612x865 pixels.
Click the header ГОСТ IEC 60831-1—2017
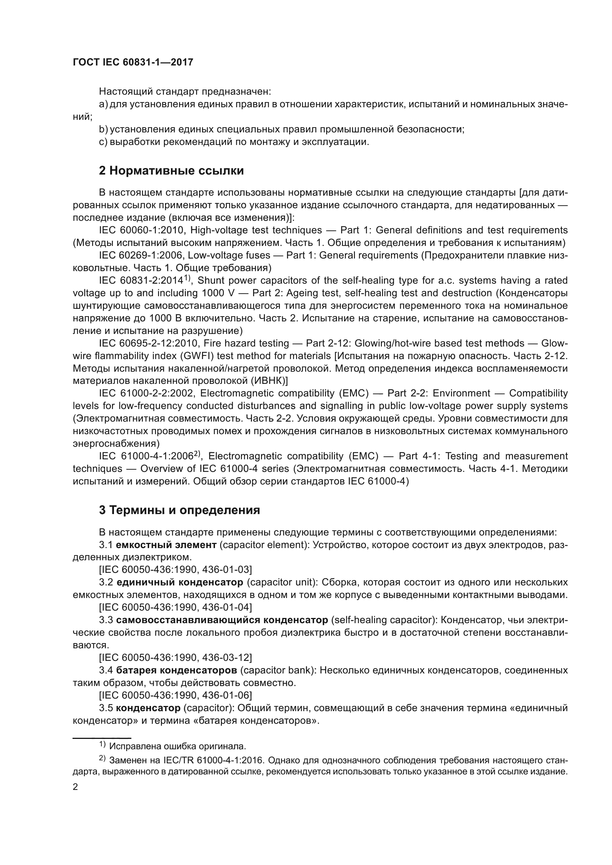pos(133,62)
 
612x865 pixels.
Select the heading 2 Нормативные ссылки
pos(171,170)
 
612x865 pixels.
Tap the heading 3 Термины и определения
pos(179,510)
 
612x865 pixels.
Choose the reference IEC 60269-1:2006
pos(141,256)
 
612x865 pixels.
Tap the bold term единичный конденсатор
pos(180,582)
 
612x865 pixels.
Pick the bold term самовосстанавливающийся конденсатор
pos(222,620)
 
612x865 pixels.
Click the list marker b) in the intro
pos(103,129)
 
